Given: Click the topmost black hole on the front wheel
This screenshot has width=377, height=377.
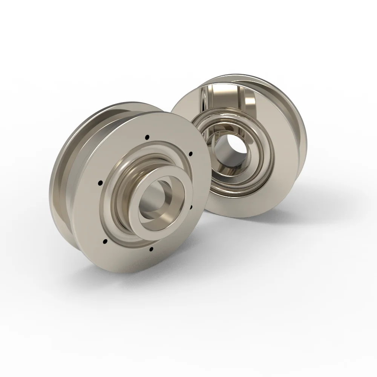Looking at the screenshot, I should (147, 136).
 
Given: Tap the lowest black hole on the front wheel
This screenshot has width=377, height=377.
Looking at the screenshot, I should (151, 249).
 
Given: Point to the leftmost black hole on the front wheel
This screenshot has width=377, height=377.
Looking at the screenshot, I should (100, 183).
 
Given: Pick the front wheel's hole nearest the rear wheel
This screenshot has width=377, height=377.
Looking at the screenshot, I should (190, 153).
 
